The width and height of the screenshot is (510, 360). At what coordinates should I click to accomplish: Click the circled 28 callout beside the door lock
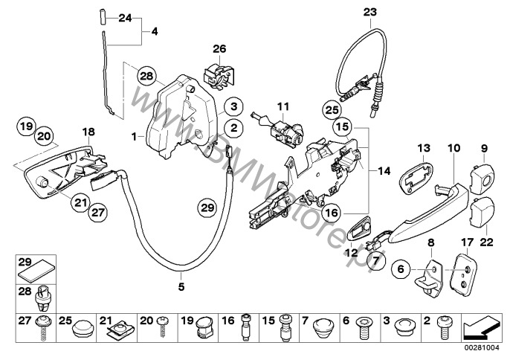click(x=146, y=75)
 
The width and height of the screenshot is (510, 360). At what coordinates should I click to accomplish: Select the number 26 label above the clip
click(x=218, y=50)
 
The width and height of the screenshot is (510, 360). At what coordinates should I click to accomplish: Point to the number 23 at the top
click(x=370, y=10)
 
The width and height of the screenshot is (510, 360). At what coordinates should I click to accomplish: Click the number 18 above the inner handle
click(x=88, y=132)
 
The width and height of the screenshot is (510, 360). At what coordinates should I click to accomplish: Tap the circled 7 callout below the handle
click(x=377, y=260)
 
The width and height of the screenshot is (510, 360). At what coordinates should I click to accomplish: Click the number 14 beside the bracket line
click(x=383, y=171)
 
